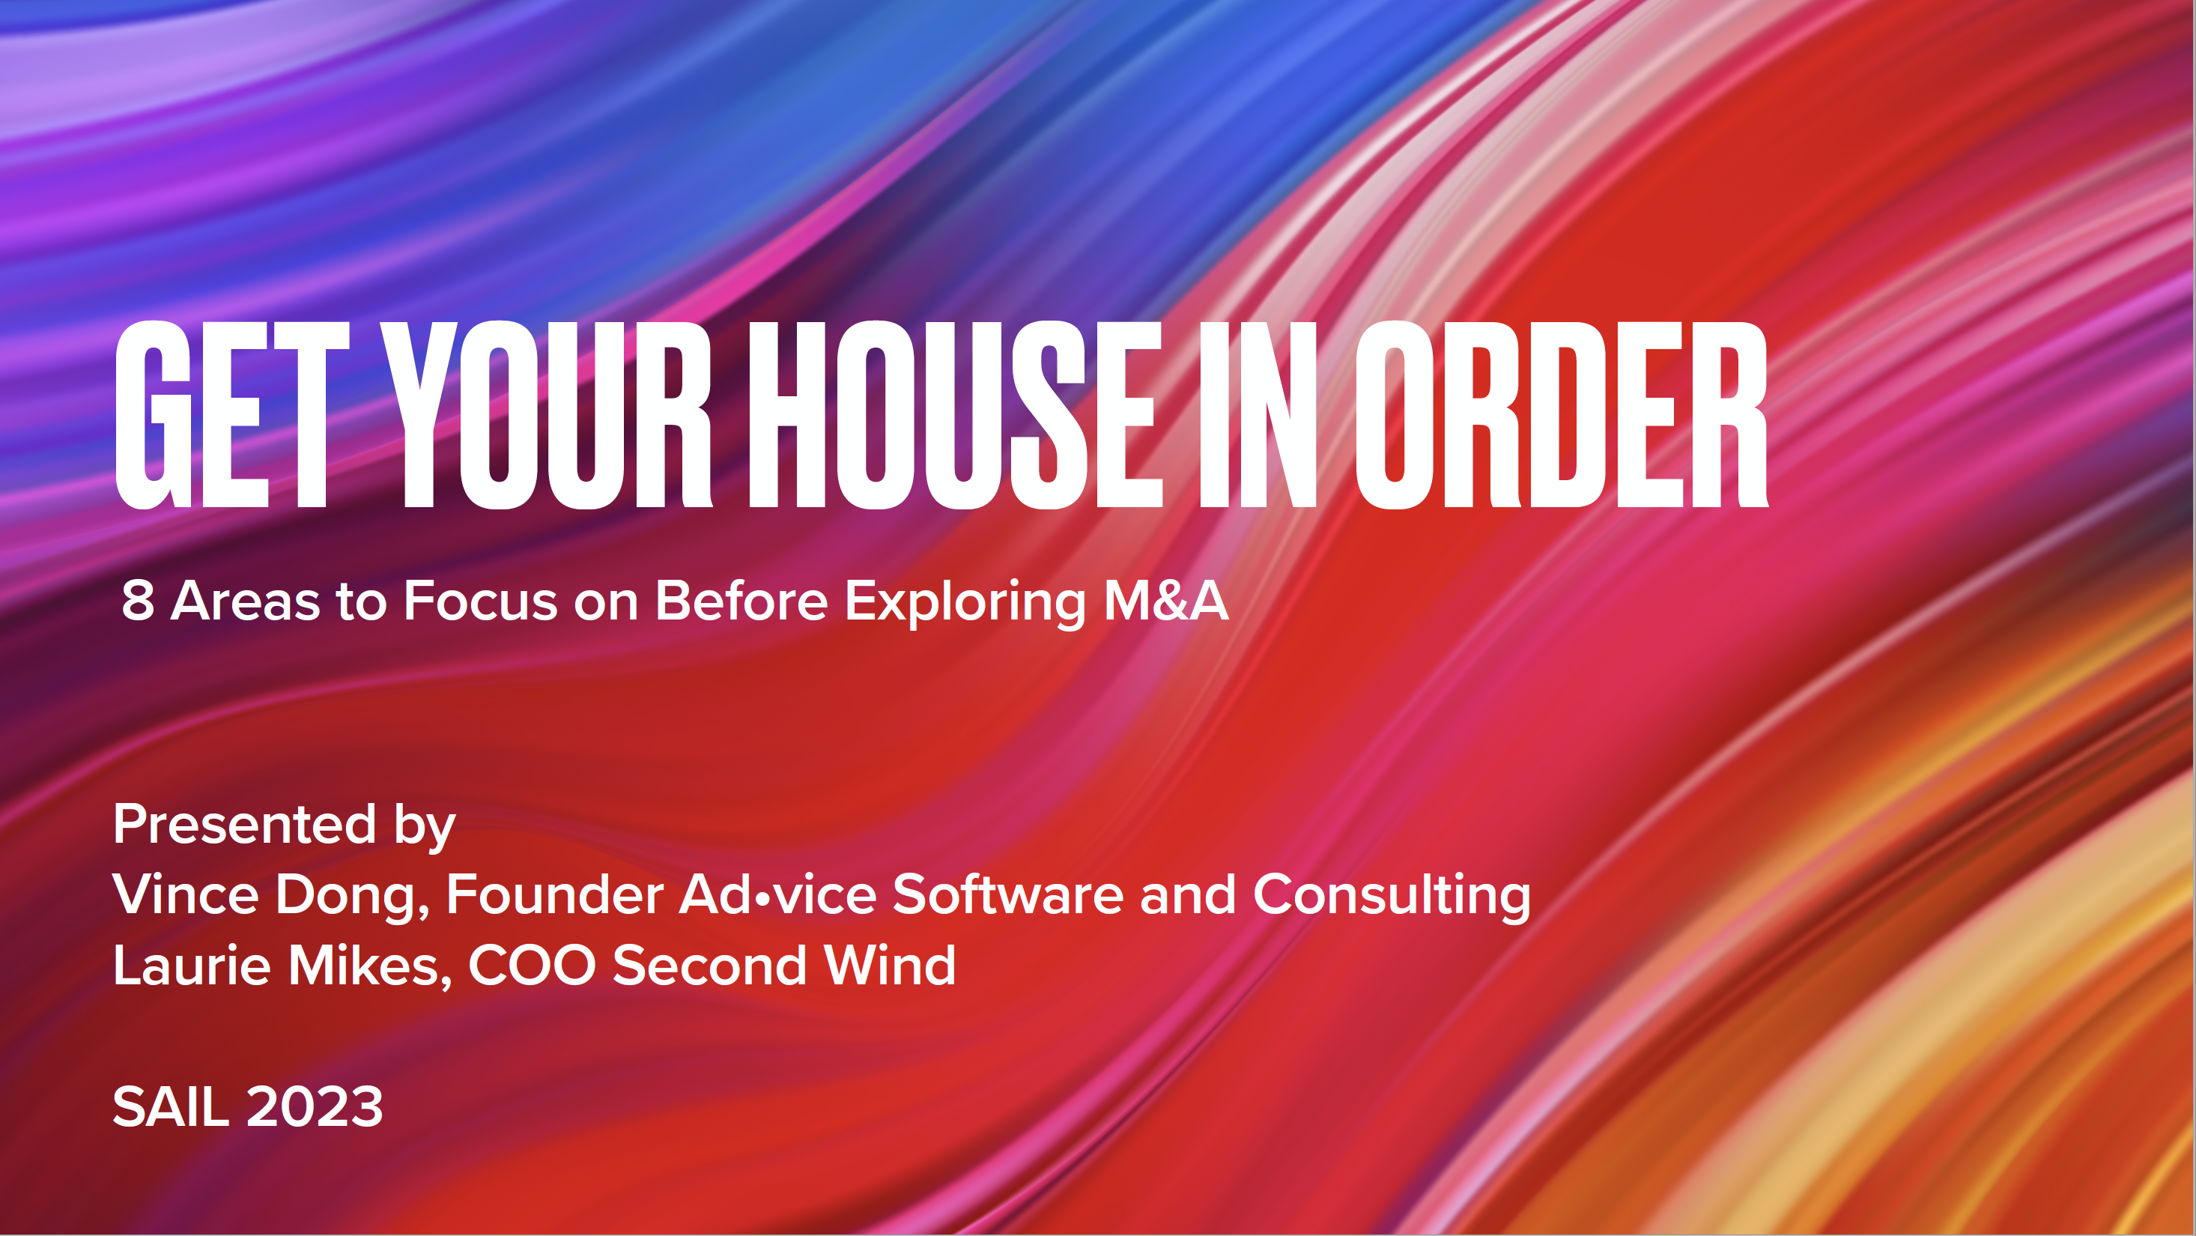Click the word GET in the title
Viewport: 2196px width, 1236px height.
233,415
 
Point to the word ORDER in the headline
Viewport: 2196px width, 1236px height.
1562,415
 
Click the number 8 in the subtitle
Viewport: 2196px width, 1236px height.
138,601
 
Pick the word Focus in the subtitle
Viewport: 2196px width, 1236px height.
480,601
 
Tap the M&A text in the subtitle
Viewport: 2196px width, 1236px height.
1166,600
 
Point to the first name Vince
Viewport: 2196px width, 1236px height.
186,895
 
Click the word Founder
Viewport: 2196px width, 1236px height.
555,895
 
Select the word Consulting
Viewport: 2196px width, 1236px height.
1392,897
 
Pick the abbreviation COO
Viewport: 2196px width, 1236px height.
532,966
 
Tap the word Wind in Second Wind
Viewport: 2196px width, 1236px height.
890,966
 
